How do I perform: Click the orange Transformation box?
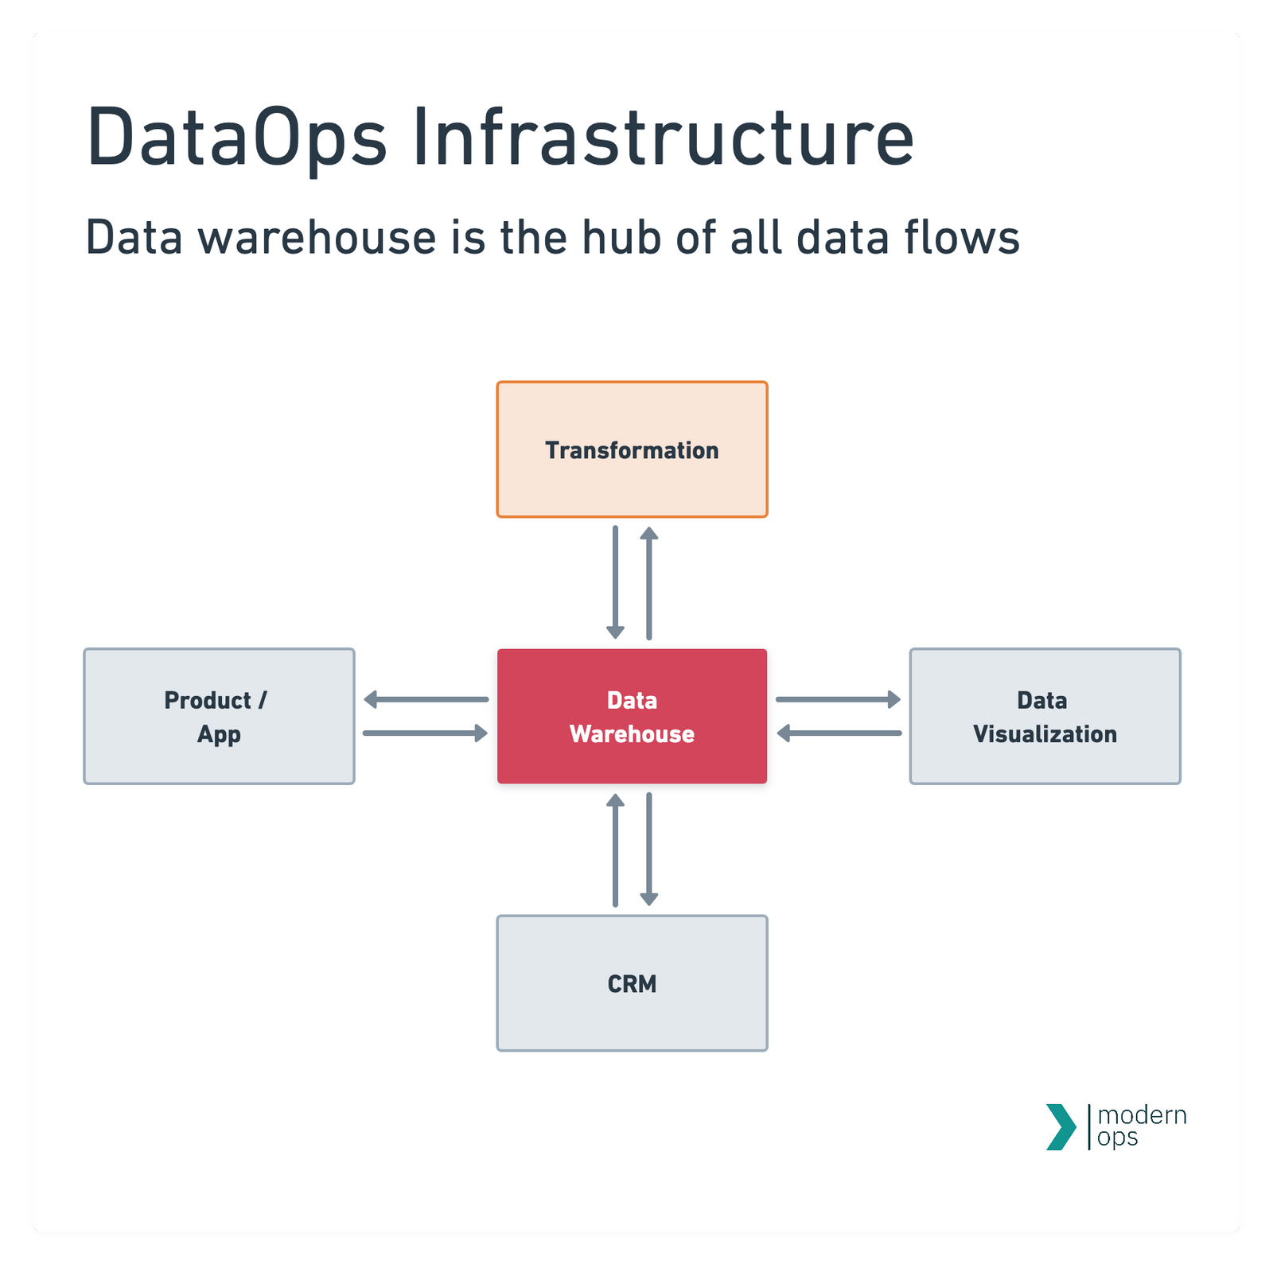(x=632, y=449)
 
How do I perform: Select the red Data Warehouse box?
(x=632, y=716)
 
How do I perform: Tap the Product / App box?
(x=219, y=716)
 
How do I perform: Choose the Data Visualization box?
(x=1045, y=716)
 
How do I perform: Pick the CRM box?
(x=632, y=983)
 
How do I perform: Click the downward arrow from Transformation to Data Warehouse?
(x=615, y=581)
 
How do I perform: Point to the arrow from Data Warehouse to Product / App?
(x=426, y=700)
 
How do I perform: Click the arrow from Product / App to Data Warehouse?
(x=426, y=733)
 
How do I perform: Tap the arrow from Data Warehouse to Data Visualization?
(x=838, y=700)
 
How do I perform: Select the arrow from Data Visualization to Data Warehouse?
(x=839, y=733)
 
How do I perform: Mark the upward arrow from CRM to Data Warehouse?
(x=615, y=850)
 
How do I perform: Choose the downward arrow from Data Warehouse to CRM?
(x=649, y=849)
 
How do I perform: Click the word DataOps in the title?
(x=236, y=137)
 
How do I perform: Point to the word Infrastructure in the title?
(x=663, y=137)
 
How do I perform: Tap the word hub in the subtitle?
(x=621, y=238)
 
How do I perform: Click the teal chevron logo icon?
(x=1061, y=1126)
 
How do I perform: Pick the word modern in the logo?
(x=1142, y=1115)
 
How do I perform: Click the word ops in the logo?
(x=1117, y=1138)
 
